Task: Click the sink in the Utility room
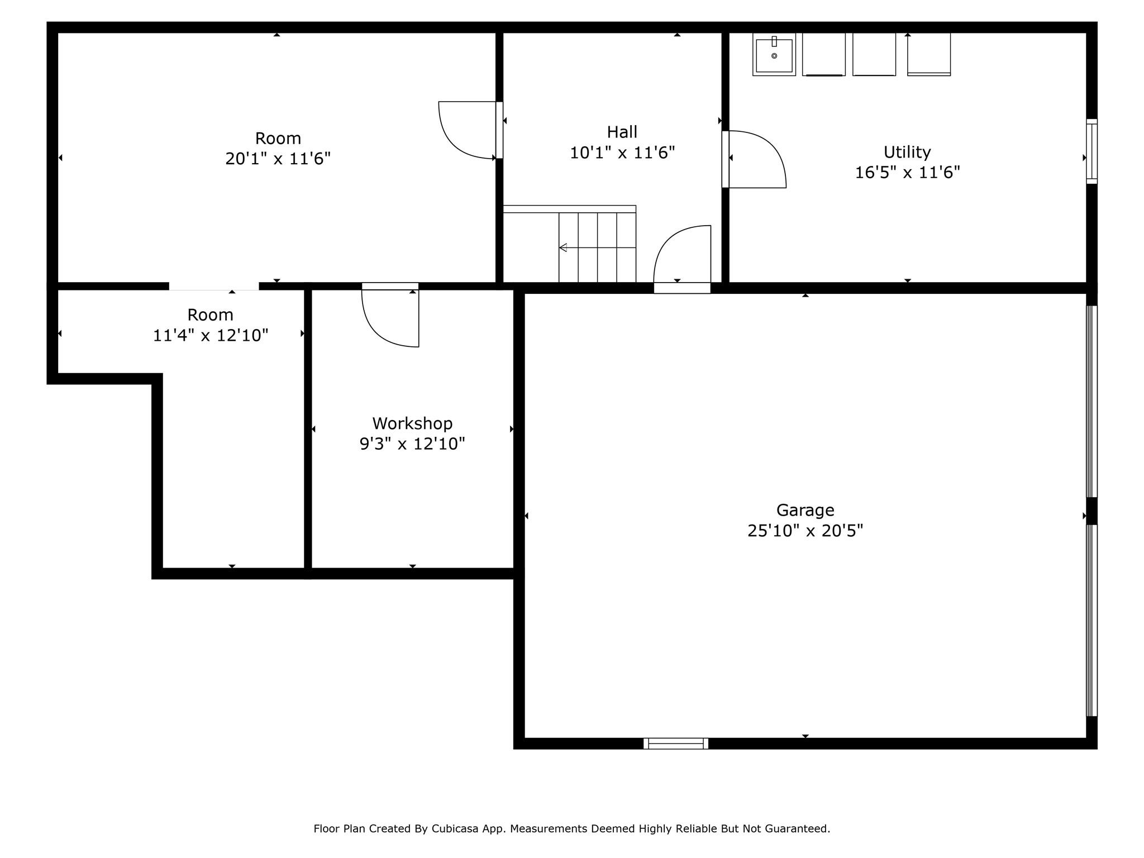click(774, 55)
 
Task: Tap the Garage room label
click(805, 510)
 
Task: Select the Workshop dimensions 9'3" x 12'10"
click(412, 444)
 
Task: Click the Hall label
click(622, 132)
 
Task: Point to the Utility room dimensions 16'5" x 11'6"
click(907, 172)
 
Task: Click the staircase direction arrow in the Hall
click(564, 247)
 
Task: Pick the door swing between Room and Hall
click(464, 131)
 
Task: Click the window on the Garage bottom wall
click(675, 743)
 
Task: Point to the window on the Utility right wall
click(1091, 151)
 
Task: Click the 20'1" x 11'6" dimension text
click(278, 159)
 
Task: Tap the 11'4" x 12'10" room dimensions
click(211, 336)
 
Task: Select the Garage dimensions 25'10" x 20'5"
click(805, 531)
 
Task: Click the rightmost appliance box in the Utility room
click(928, 54)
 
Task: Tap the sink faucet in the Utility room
click(774, 41)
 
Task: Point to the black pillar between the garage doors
click(1091, 511)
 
